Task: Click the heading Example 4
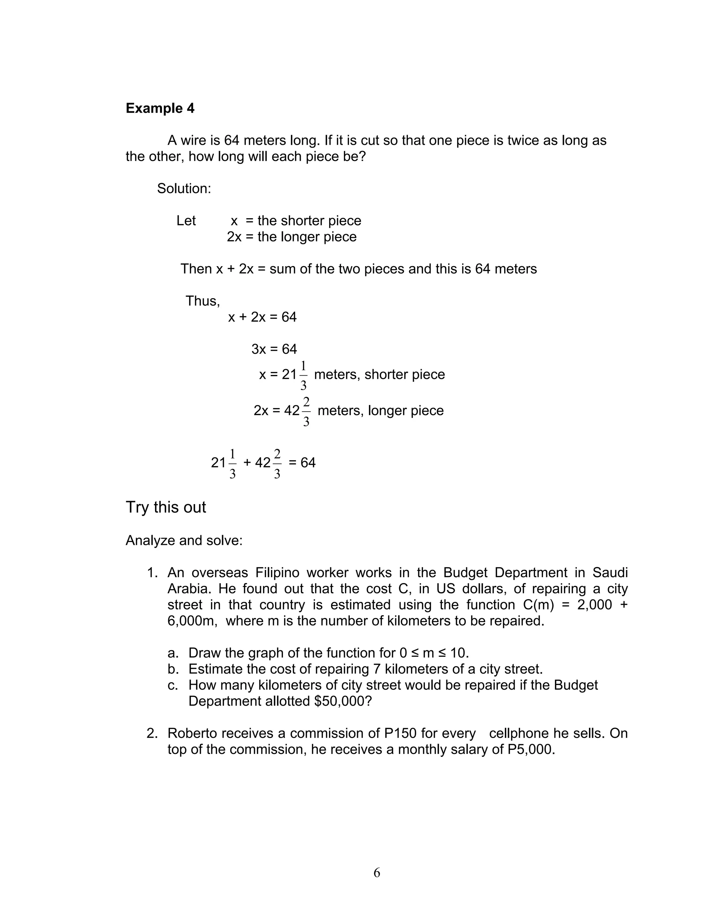coord(160,109)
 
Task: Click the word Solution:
coord(184,188)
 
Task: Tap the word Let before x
coord(186,221)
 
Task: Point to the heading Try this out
coord(165,507)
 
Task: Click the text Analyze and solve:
coord(184,540)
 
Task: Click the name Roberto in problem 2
coord(192,733)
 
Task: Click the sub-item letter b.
coord(172,669)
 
